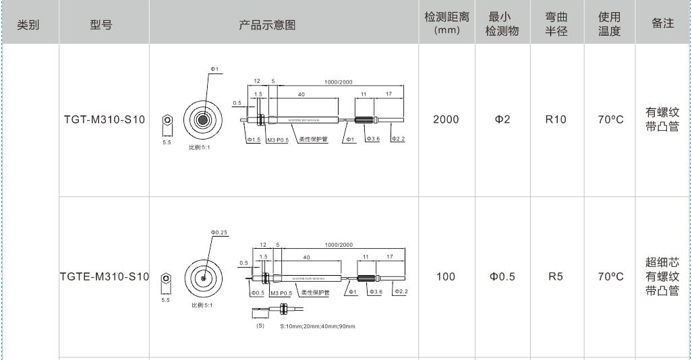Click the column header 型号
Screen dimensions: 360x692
coord(101,25)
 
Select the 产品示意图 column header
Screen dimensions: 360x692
coord(268,25)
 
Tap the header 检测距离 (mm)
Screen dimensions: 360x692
coord(446,24)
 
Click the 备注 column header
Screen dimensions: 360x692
coord(663,24)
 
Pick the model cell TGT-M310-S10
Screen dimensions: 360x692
coord(105,120)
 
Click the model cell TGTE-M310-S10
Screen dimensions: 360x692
coord(105,276)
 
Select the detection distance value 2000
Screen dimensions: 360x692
coord(446,120)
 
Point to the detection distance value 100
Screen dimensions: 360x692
coord(446,276)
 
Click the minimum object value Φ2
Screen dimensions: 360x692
coord(502,120)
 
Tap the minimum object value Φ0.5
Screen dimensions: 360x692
coord(502,276)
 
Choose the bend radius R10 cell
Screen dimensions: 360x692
coord(556,120)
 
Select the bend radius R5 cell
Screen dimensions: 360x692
coord(556,276)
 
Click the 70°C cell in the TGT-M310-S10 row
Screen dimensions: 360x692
coord(610,120)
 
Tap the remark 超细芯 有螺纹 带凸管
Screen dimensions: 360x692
coord(662,276)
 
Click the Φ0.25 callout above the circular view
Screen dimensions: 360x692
coord(219,233)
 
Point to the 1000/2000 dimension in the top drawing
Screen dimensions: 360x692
coord(338,82)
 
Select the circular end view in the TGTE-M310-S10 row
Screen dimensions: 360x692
coord(203,277)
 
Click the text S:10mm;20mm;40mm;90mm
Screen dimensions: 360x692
coord(317,326)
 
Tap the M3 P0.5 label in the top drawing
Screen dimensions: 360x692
coord(277,140)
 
